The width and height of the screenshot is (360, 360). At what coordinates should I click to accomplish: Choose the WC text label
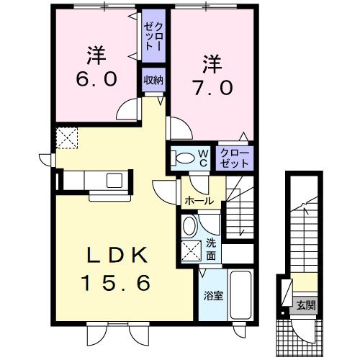click(x=203, y=158)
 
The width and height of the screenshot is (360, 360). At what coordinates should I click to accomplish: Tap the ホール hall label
click(x=197, y=201)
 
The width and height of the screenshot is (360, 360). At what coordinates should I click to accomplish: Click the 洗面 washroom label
click(x=211, y=249)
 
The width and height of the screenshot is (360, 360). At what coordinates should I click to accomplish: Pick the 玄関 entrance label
click(x=305, y=305)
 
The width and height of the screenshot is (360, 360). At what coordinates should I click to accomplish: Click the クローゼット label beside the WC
click(x=234, y=158)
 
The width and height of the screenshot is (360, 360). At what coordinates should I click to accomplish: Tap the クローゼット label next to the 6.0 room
click(x=152, y=35)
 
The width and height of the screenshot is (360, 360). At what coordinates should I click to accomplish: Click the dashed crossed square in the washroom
click(x=191, y=252)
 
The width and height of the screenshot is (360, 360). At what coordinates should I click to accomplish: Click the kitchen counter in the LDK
click(x=94, y=180)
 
